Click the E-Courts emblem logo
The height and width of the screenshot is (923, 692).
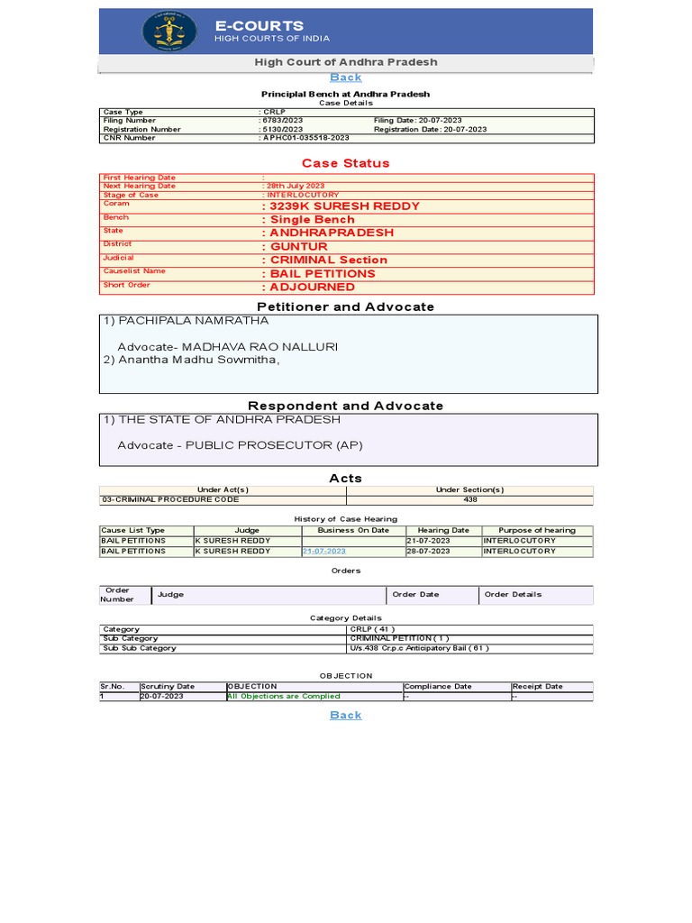pyautogui.click(x=168, y=32)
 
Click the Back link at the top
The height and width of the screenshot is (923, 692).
pyautogui.click(x=346, y=78)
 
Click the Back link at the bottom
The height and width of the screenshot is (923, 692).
pyautogui.click(x=346, y=715)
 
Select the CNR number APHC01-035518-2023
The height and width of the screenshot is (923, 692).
pyautogui.click(x=305, y=138)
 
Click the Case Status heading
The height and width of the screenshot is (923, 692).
pyautogui.click(x=346, y=163)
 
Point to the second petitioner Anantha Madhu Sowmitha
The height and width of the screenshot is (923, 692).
pyautogui.click(x=197, y=360)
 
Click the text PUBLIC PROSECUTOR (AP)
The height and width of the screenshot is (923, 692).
pyautogui.click(x=274, y=445)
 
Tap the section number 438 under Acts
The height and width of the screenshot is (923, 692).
pyautogui.click(x=470, y=498)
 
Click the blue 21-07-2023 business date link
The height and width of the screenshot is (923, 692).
pyautogui.click(x=324, y=551)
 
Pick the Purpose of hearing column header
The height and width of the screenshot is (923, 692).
pyautogui.click(x=537, y=530)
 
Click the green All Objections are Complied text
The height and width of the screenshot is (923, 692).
pyautogui.click(x=284, y=696)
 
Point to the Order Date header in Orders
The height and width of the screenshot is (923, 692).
pyautogui.click(x=415, y=594)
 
